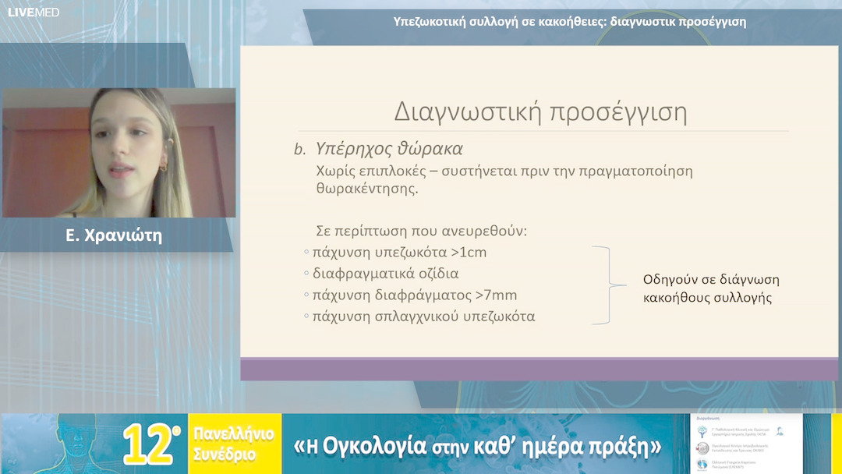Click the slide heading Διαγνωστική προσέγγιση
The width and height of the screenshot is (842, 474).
540,111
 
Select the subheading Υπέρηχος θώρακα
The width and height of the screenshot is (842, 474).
389,148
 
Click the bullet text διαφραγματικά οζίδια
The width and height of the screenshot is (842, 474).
385,274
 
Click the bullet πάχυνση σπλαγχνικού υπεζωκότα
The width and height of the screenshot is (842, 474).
423,317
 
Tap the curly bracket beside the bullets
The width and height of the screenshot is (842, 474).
601,285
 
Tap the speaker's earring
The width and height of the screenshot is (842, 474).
163,167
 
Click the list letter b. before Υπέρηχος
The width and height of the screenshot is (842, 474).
299,149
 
